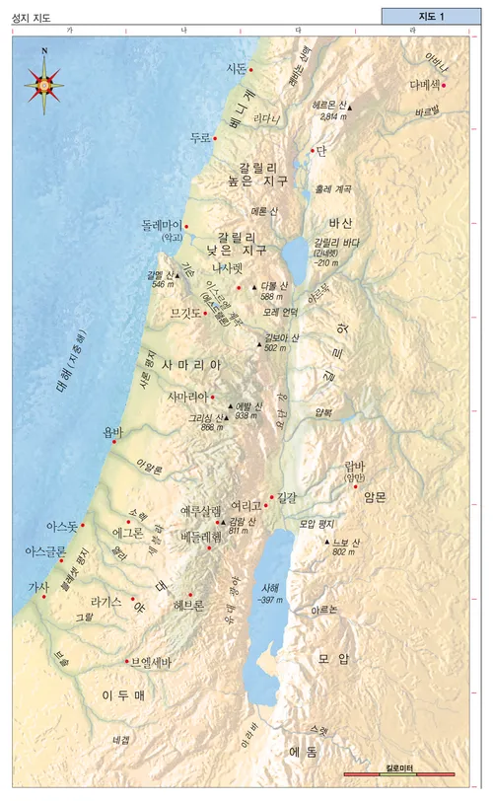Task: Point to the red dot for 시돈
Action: point(251,70)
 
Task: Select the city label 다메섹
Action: point(425,85)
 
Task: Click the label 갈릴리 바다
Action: point(335,243)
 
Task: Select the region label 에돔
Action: point(302,752)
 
